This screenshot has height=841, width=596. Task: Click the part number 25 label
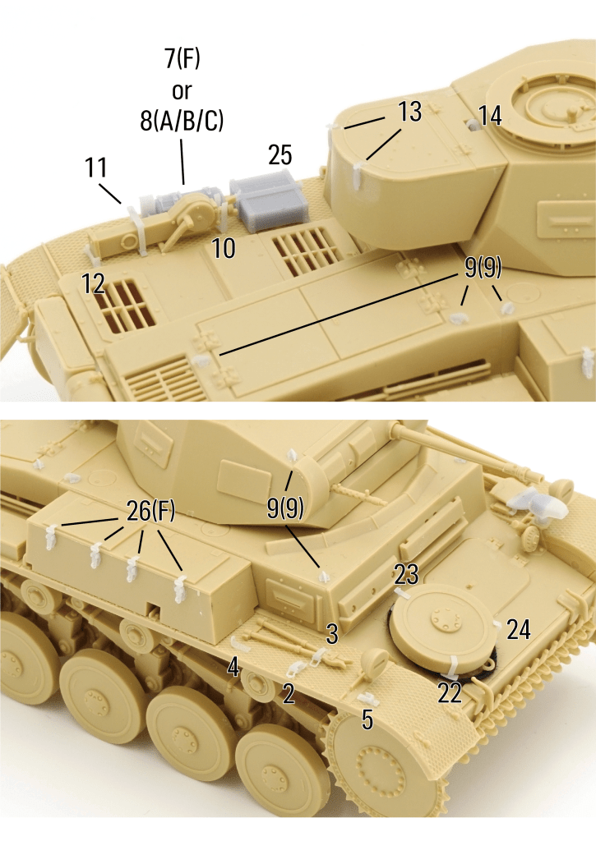coord(280,155)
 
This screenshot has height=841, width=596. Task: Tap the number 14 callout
coord(489,116)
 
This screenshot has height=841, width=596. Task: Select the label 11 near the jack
coord(96,168)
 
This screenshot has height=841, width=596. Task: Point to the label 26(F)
coord(151,511)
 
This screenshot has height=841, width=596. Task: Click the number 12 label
coord(93,283)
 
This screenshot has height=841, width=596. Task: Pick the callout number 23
coord(406,575)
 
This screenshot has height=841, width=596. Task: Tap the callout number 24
coord(518,629)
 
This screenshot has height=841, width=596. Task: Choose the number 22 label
coord(450,693)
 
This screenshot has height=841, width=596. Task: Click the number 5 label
coord(367,719)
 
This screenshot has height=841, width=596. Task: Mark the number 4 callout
coord(233,668)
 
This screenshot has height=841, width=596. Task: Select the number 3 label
coord(332,635)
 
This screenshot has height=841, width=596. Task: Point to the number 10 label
coord(224,248)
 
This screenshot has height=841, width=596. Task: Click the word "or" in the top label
coord(182,91)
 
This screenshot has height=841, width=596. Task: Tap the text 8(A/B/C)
coord(182,122)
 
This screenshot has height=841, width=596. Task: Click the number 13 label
coord(409,112)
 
